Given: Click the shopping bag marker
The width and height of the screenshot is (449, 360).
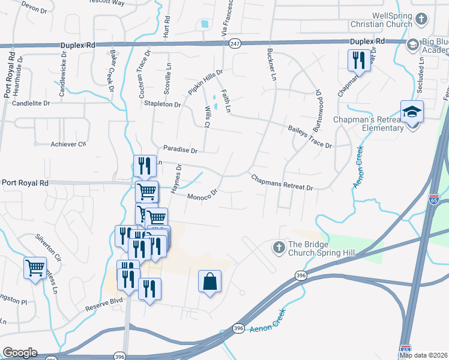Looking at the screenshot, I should (209, 281).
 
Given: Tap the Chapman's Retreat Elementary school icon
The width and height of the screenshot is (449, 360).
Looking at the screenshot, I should (412, 112).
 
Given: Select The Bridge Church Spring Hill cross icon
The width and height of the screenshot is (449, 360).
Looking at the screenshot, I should (279, 247).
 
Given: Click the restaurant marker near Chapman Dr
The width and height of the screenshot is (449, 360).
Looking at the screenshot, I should (359, 60).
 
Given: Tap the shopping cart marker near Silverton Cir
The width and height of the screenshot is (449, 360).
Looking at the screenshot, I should (35, 267).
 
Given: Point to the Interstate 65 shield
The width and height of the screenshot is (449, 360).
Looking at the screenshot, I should (434, 199).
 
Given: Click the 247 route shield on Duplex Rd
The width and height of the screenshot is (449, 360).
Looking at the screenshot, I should (235, 44).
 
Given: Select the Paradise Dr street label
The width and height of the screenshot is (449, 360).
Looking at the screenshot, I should (180, 150).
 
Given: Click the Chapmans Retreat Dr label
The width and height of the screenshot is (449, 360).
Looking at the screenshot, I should (282, 183).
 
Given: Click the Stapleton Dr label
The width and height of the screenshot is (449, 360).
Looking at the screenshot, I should (162, 104).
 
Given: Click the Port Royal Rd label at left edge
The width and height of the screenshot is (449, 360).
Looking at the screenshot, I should (25, 182).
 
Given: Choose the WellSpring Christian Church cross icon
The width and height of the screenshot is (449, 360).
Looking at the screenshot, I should (421, 18).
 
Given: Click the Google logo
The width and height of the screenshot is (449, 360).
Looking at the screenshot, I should (20, 353).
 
